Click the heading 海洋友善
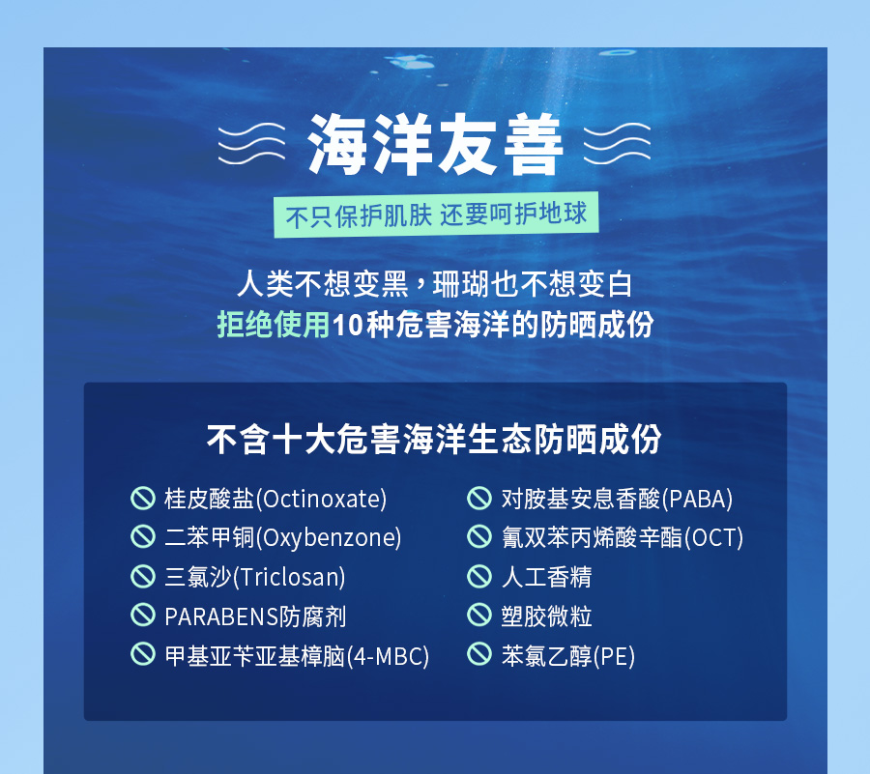[x=436, y=144]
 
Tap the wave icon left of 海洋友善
[x=251, y=144]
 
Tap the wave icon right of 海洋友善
[x=617, y=144]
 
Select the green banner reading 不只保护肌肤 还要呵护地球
[x=436, y=215]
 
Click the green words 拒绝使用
[x=274, y=325]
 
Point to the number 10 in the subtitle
[x=348, y=325]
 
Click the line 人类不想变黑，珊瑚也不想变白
[x=434, y=284]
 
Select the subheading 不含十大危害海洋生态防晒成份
[x=434, y=440]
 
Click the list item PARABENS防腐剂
[x=255, y=616]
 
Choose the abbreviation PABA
[x=697, y=499]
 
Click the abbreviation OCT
[x=713, y=538]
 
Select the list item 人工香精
[x=546, y=577]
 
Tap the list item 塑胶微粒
[x=546, y=616]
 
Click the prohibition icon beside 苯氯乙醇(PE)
[x=479, y=653]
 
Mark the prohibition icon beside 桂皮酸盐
[x=143, y=498]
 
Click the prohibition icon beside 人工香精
[x=479, y=576]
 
